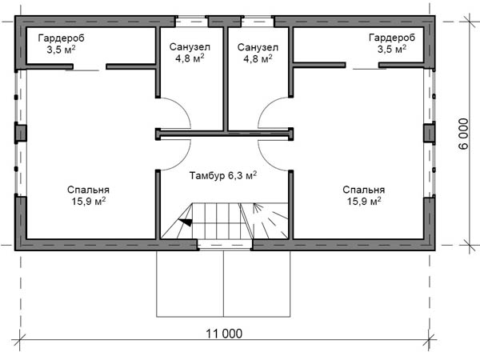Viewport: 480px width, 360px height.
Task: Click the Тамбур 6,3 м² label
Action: point(223,175)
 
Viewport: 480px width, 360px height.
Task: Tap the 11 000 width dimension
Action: point(224,334)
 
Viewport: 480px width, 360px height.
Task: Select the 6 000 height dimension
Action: point(463,134)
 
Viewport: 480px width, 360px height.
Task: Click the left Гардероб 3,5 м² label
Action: point(62,43)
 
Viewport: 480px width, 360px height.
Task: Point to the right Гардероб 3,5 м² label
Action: point(392,43)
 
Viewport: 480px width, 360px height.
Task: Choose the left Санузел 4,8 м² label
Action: point(190,52)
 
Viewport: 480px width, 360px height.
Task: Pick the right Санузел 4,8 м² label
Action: point(258,53)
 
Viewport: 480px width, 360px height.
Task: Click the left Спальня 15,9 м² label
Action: point(89,195)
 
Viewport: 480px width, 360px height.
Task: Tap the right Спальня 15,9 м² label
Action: point(364,195)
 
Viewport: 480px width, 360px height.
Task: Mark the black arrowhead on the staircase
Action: point(186,222)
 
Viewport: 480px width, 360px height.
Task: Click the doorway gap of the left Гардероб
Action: point(90,66)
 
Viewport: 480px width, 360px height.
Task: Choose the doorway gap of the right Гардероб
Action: point(362,66)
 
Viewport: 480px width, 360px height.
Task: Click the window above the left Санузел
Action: point(192,22)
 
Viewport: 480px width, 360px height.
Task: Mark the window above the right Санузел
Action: point(258,22)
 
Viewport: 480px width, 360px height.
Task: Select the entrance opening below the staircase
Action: point(225,245)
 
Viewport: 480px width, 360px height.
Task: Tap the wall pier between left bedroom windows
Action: point(21,133)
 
